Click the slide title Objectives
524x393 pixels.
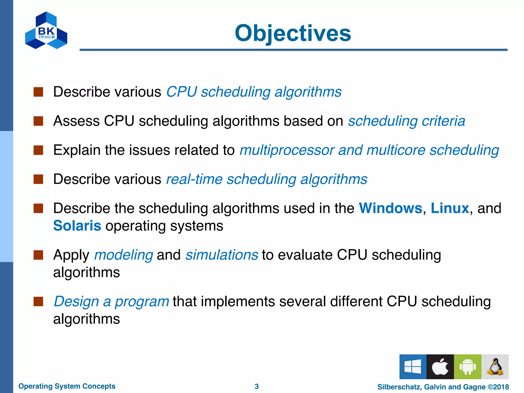(293, 33)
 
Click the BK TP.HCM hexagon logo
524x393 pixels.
(46, 31)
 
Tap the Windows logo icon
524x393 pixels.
(413, 366)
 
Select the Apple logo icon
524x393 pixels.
(440, 366)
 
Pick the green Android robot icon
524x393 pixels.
(467, 366)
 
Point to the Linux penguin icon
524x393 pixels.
(495, 366)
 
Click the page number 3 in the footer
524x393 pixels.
(257, 386)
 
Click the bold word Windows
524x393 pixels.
(390, 208)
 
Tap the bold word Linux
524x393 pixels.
(450, 208)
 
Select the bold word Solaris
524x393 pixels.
(77, 226)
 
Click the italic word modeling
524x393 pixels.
(124, 255)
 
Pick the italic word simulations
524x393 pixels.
(222, 255)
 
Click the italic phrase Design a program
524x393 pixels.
(111, 301)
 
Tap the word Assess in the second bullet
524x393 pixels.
(76, 121)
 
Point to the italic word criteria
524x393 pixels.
(443, 121)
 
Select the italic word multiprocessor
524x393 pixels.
(287, 150)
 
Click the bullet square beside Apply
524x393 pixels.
(38, 255)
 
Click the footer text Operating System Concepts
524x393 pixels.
(67, 386)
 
